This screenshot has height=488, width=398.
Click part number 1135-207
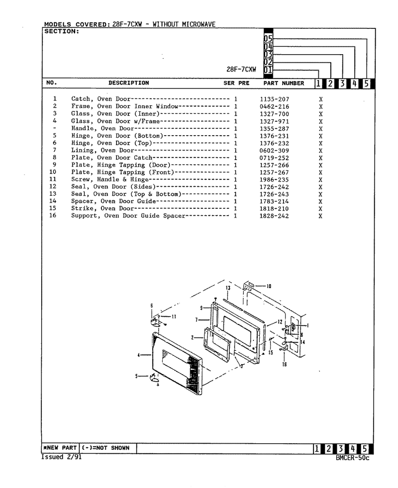(x=274, y=99)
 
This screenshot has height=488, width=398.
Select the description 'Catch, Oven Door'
(x=100, y=99)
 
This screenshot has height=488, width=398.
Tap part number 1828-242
(x=274, y=216)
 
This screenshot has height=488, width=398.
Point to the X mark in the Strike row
(x=320, y=209)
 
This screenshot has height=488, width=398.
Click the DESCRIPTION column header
(x=129, y=83)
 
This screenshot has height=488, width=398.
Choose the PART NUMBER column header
(x=284, y=83)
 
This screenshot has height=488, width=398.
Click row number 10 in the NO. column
(x=53, y=172)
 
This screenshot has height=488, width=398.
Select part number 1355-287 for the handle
(x=274, y=129)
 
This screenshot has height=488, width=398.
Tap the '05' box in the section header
(x=268, y=39)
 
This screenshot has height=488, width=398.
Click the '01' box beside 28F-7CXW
(x=268, y=70)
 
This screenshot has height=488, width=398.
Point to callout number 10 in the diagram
(x=269, y=286)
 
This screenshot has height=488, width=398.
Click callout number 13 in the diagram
(x=228, y=288)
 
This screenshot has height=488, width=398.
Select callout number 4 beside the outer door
(x=138, y=355)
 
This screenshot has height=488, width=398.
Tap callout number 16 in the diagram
(x=284, y=364)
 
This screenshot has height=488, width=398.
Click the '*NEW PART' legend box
(x=60, y=448)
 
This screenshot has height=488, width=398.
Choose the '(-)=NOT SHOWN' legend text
(x=105, y=448)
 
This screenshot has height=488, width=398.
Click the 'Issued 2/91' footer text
(x=61, y=457)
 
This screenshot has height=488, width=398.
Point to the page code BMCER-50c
(x=353, y=458)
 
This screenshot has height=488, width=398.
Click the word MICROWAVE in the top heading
(x=199, y=24)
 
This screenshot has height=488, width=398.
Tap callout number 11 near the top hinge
(x=174, y=317)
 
